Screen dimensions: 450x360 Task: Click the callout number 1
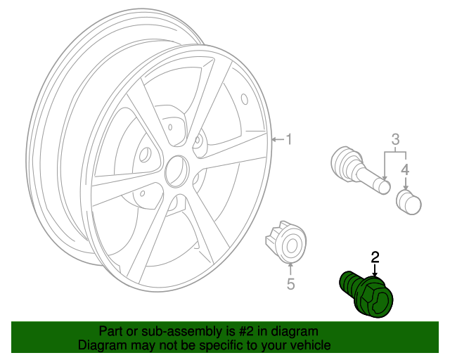pos(288,139)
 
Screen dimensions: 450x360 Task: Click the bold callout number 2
pos(375,257)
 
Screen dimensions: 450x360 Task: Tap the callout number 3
pos(395,138)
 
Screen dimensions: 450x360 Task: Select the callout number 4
pos(405,169)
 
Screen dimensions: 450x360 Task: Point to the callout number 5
pos(290,284)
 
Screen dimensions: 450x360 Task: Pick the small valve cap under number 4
pos(409,202)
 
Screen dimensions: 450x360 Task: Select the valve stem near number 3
pos(359,169)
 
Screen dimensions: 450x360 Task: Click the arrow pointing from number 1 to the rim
pos(277,139)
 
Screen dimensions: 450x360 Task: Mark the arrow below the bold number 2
pos(375,269)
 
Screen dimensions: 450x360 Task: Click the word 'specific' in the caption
pos(202,345)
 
